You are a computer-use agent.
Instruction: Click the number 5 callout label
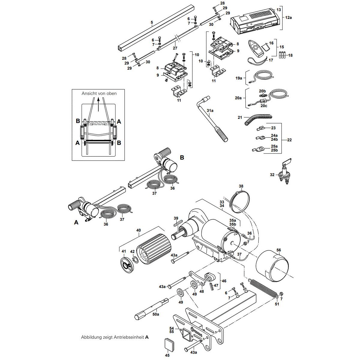point(152,22)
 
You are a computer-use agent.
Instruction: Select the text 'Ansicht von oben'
point(99,94)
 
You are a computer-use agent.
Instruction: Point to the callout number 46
point(224,281)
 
